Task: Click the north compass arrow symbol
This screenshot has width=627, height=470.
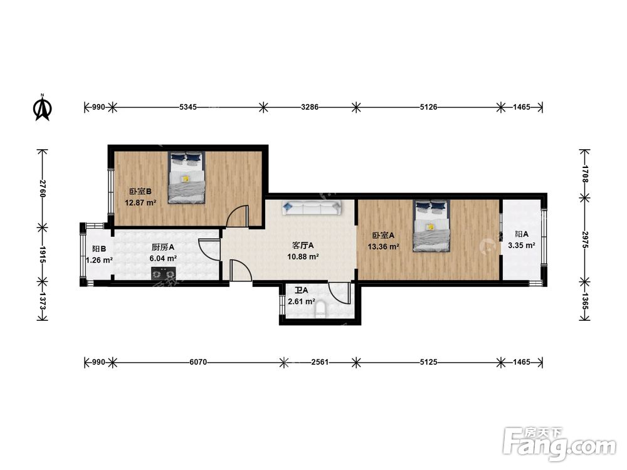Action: [x=42, y=107]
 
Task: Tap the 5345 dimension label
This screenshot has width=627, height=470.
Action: [x=188, y=107]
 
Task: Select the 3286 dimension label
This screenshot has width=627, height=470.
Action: [x=310, y=107]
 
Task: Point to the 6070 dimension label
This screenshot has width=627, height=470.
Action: [x=198, y=362]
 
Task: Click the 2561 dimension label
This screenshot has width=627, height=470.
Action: [x=320, y=362]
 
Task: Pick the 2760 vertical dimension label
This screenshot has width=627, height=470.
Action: [x=43, y=189]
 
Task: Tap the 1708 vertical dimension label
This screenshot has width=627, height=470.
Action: [x=584, y=174]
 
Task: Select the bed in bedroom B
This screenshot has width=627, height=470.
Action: [x=186, y=177]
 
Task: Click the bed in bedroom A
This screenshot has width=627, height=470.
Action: [x=432, y=226]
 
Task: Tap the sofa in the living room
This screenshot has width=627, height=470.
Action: [x=312, y=208]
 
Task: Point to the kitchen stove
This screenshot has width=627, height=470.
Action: [x=164, y=274]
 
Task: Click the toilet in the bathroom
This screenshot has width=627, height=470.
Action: [x=320, y=310]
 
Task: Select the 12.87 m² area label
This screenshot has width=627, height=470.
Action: [x=140, y=202]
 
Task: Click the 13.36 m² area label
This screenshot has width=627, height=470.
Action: [x=383, y=247]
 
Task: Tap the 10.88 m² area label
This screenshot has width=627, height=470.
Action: [x=303, y=256]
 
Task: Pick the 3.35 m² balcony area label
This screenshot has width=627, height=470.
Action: [x=522, y=246]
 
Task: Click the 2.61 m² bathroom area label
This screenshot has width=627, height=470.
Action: [x=301, y=301]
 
